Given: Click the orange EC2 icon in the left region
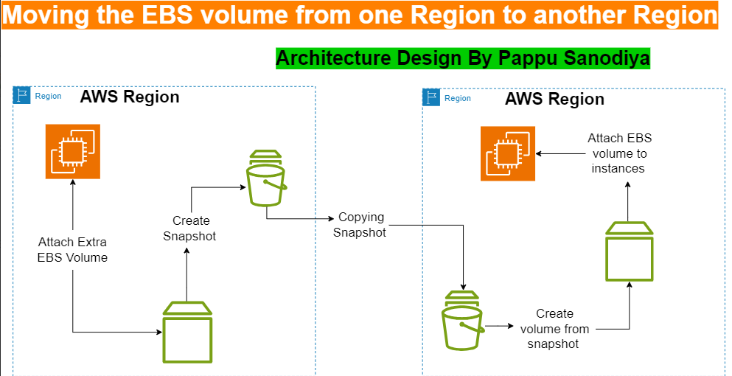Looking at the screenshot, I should click(73, 153).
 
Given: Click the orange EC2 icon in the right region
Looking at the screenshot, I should click(507, 153).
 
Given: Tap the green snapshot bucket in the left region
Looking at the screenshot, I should click(265, 178).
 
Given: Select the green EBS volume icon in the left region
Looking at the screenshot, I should click(187, 333).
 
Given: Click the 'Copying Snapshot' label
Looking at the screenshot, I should click(360, 225).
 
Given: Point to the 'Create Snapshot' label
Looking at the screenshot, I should click(191, 228).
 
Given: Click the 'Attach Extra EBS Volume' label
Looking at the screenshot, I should click(73, 250).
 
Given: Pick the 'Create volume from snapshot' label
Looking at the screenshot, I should click(554, 329).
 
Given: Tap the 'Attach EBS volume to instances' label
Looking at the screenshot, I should click(619, 153).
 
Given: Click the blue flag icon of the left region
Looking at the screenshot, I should click(22, 96).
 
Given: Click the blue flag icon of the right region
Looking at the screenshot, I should click(431, 98).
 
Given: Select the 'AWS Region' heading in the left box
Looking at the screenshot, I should click(129, 97).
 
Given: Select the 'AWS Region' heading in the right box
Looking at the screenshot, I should click(554, 99).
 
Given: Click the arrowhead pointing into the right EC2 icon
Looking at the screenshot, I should click(539, 153).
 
